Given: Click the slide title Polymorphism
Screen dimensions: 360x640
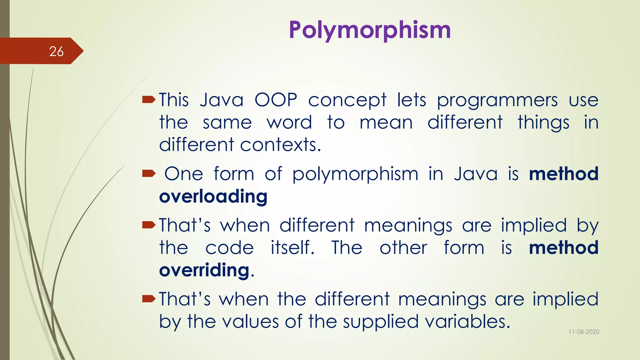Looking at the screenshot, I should (370, 30).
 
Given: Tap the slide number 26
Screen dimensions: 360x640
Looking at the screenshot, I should (56, 52).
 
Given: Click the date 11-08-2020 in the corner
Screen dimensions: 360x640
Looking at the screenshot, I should (584, 332).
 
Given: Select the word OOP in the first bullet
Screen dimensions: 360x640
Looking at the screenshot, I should (276, 100).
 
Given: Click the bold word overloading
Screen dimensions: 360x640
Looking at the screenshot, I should (213, 197).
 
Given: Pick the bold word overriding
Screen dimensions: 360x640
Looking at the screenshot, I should (204, 270).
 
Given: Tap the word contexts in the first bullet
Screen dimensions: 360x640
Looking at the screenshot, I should (280, 145).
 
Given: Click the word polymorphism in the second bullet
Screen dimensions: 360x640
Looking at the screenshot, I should (355, 174).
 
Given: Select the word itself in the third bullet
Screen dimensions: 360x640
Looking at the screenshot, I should (292, 248).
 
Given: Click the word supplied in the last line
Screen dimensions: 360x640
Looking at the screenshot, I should (381, 322).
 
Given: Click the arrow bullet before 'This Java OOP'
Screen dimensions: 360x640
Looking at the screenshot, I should (148, 100).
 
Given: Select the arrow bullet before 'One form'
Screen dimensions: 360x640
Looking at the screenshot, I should (148, 173).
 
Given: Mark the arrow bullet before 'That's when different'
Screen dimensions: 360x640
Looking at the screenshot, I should (148, 225).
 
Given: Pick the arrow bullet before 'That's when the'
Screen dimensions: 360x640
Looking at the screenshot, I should (148, 299).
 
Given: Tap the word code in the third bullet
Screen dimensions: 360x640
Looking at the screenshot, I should (229, 248).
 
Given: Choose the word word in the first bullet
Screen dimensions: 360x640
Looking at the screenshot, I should (289, 122).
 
